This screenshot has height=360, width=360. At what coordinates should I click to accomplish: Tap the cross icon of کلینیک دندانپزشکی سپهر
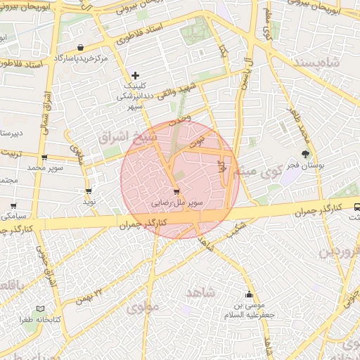[136, 75]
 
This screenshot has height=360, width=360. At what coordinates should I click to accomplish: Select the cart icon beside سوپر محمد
[44, 157]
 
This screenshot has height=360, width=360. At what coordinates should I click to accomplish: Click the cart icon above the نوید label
[89, 191]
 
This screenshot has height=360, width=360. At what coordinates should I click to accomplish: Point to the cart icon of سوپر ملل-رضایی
[176, 191]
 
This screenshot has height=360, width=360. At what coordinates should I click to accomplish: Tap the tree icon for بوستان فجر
[305, 154]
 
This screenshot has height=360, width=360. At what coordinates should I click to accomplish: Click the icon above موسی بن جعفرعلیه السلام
[248, 295]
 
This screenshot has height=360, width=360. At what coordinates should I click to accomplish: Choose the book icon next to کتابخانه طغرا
[40, 309]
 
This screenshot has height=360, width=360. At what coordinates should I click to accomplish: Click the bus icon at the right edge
[357, 207]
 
